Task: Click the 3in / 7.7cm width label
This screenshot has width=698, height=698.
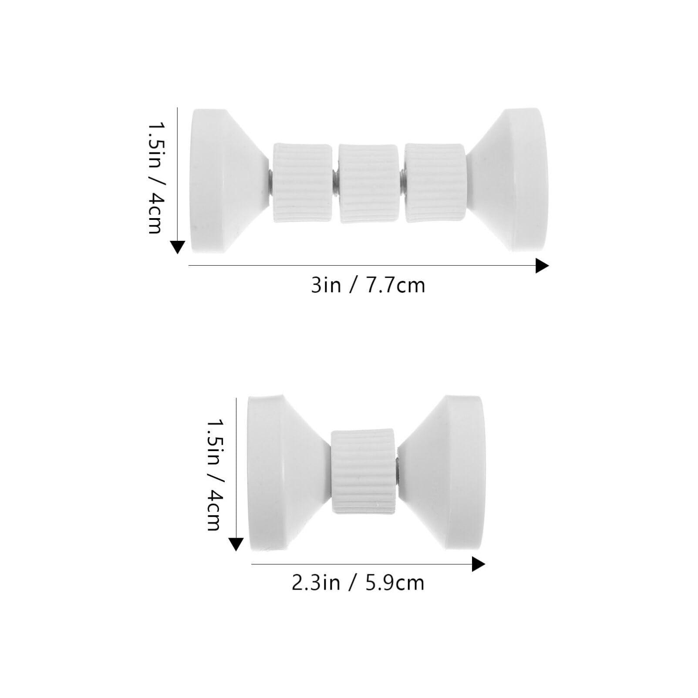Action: (368, 286)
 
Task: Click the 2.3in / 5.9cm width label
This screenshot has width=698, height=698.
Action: (357, 583)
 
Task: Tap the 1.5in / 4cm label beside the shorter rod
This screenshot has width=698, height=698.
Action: (214, 475)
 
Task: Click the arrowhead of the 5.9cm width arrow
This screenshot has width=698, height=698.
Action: (478, 565)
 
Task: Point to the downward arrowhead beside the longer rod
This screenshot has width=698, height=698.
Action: (177, 247)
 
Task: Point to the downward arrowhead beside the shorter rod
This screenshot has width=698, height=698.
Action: (236, 544)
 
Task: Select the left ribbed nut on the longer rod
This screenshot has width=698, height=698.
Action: (303, 183)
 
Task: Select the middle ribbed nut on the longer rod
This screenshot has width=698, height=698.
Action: (368, 183)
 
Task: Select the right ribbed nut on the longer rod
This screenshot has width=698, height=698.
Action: (434, 183)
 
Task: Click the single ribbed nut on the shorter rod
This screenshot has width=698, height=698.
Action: (363, 470)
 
